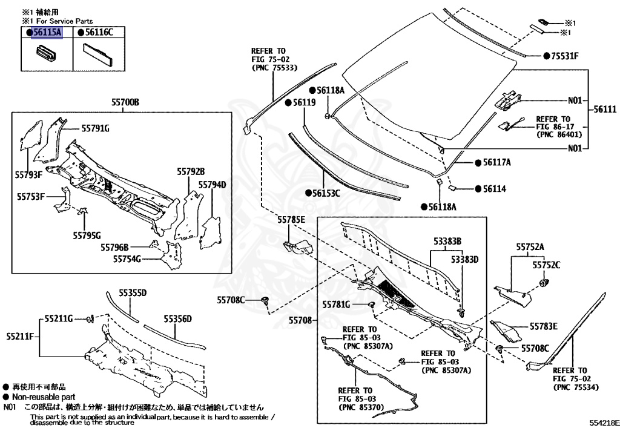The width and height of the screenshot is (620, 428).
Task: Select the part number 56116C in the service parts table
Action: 96,32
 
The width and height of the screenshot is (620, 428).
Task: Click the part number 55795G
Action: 87,235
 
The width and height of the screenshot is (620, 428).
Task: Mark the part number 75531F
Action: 564,56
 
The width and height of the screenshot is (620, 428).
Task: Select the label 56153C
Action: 326,193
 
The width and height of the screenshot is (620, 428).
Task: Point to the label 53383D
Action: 464,259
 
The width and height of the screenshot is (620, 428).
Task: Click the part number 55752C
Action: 546,265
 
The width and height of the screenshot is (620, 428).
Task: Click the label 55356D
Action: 177,318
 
